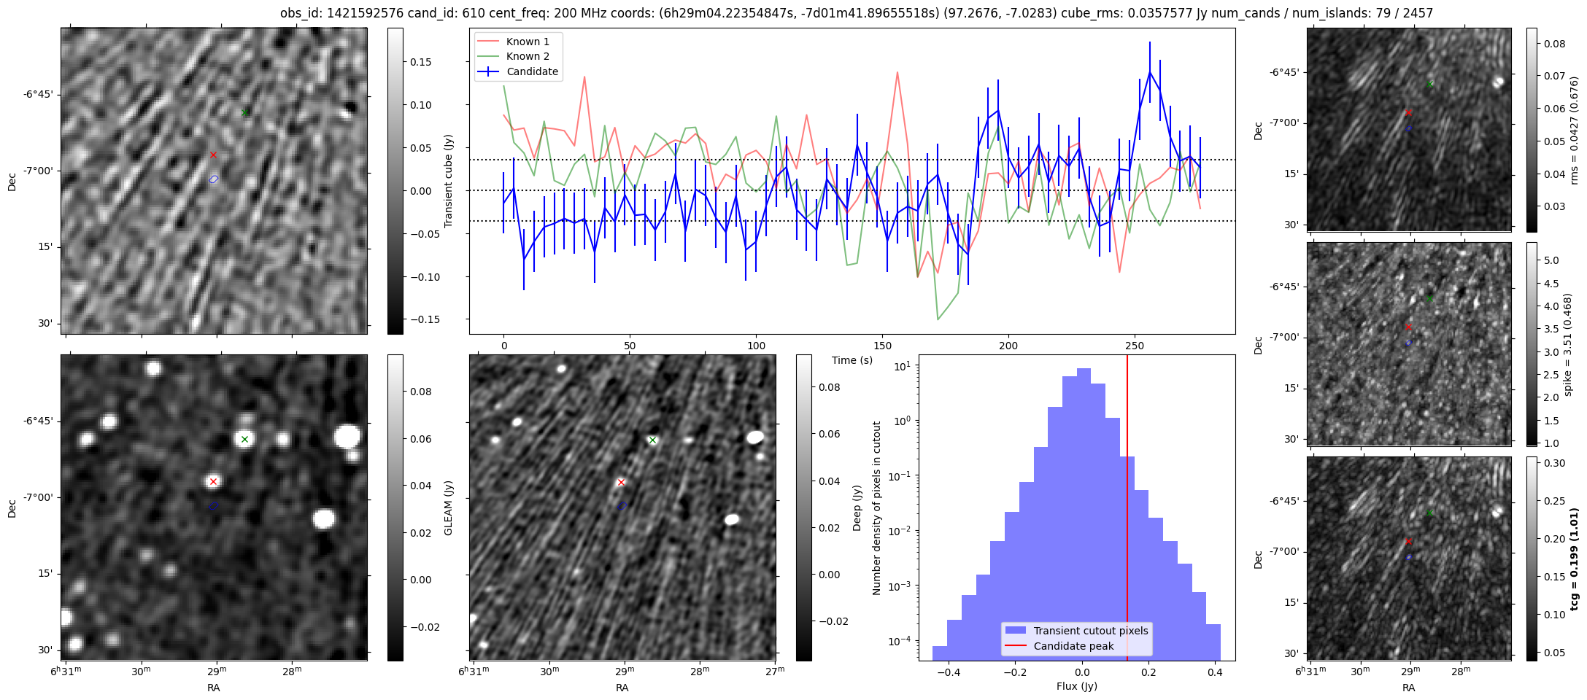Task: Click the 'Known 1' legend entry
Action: [528, 42]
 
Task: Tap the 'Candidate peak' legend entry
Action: [1073, 646]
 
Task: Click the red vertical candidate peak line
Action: [1127, 510]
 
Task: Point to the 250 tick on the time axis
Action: [1135, 346]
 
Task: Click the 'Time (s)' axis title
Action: [852, 360]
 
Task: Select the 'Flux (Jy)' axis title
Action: [1077, 686]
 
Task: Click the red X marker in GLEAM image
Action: [213, 481]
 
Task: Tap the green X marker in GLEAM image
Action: [245, 439]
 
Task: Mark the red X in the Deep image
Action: [621, 482]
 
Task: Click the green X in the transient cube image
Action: [245, 112]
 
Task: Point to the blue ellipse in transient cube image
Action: [214, 179]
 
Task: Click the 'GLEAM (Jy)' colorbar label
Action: [448, 507]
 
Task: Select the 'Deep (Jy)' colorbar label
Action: [857, 507]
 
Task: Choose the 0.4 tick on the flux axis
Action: [1216, 673]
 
